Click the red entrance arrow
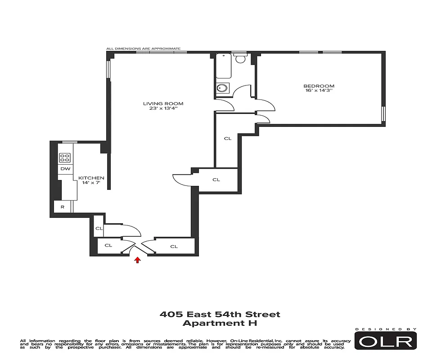tap(138, 260)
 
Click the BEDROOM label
tap(319, 86)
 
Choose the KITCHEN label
tap(91, 178)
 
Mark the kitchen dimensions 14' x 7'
tap(91, 183)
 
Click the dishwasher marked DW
tap(65, 169)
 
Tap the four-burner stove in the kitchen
tap(65, 157)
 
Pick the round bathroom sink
tap(222, 88)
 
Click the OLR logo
tap(385, 341)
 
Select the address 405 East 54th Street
tap(220, 314)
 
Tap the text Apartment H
tap(220, 323)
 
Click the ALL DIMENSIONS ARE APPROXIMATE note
tap(143, 49)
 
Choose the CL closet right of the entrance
tap(174, 246)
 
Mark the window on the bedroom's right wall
tap(383, 113)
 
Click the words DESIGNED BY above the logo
tap(385, 329)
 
